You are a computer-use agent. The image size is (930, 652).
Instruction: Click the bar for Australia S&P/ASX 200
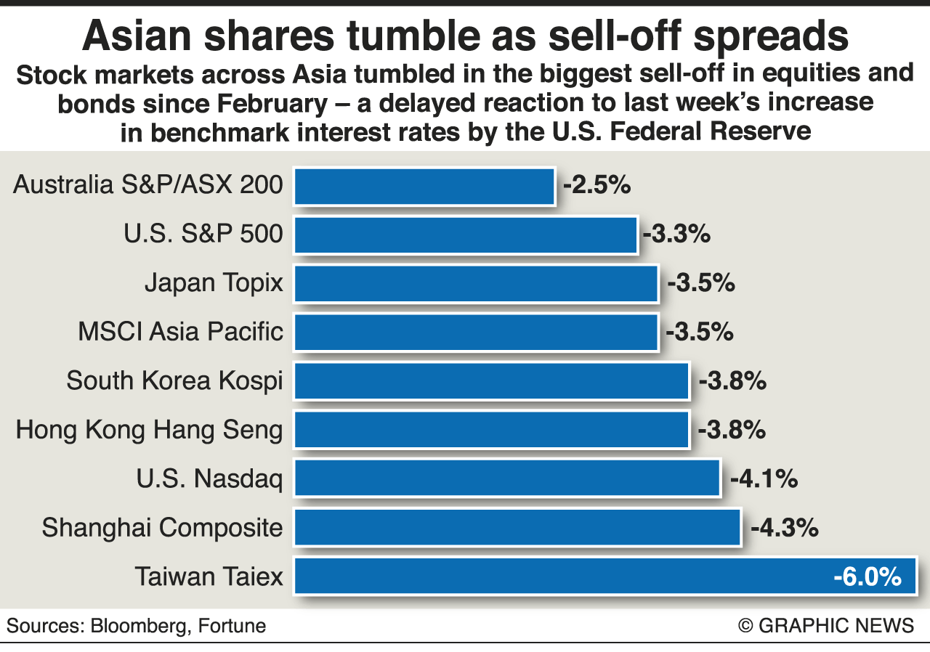(424, 187)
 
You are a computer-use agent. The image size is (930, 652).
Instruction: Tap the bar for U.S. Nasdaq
(507, 478)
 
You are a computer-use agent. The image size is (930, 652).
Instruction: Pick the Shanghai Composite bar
(517, 527)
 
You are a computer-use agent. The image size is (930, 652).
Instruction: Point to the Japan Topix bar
(476, 283)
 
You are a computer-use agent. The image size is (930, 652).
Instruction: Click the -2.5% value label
(596, 186)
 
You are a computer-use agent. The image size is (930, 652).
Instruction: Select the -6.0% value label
(868, 577)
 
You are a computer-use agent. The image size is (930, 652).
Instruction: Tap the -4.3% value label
(785, 528)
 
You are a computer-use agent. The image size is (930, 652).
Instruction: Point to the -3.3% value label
(676, 235)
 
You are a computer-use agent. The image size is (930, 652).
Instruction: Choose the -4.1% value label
(764, 479)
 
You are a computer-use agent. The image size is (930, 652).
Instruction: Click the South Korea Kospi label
(174, 381)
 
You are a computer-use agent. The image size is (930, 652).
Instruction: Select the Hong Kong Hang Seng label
(149, 430)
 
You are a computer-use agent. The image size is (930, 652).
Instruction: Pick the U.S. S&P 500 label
(203, 235)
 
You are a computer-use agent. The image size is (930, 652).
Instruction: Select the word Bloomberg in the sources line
(137, 626)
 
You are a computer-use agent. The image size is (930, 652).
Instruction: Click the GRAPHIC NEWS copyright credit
(826, 626)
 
